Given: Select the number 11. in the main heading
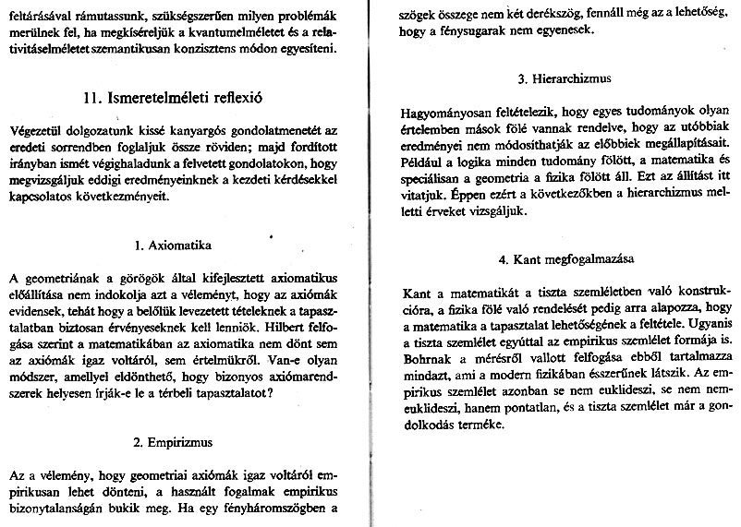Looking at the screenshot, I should point(91,94).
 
